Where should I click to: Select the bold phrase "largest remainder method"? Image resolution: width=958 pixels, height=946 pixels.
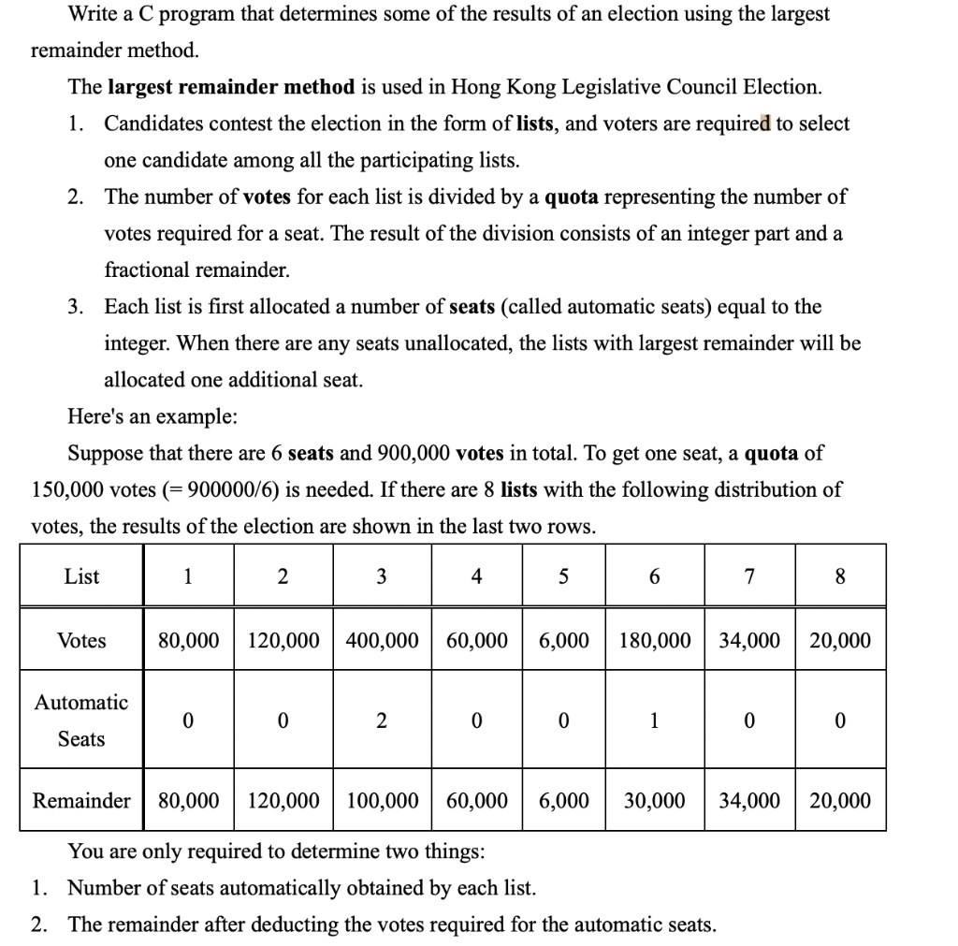click(x=231, y=87)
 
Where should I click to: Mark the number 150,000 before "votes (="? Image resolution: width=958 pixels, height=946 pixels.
click(x=67, y=489)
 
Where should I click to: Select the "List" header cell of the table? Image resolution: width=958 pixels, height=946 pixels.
click(x=81, y=577)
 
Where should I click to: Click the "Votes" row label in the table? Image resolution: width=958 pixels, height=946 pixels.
click(x=81, y=641)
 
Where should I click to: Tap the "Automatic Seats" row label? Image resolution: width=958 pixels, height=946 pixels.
click(x=81, y=720)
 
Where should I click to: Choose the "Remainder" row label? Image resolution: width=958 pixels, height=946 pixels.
click(x=81, y=801)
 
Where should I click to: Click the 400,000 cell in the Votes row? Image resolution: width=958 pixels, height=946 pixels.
click(x=383, y=641)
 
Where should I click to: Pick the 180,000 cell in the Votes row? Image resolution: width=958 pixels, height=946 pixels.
click(x=654, y=641)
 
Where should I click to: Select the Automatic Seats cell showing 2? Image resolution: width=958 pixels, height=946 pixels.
click(x=382, y=720)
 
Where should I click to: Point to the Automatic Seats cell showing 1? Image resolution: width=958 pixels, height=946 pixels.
click(x=654, y=720)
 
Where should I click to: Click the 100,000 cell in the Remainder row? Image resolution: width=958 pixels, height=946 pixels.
click(x=383, y=801)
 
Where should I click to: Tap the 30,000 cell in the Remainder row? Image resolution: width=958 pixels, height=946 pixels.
click(x=654, y=801)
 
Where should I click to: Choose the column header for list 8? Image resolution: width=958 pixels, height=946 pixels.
click(x=839, y=577)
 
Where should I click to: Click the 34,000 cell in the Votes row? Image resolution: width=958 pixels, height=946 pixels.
click(x=749, y=641)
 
